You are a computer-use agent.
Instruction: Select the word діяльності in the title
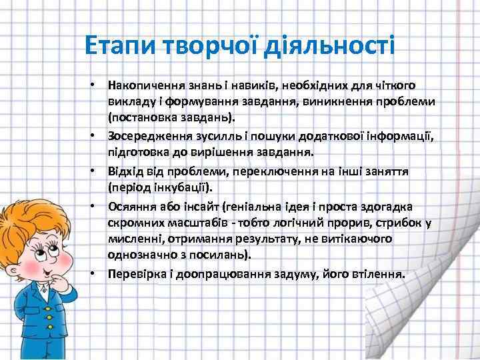pyautogui.click(x=329, y=45)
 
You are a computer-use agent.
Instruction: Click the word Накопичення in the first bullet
pyautogui.click(x=142, y=85)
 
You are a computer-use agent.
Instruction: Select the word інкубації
pyautogui.click(x=184, y=187)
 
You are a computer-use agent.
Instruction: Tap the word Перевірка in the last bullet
pyautogui.click(x=133, y=273)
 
